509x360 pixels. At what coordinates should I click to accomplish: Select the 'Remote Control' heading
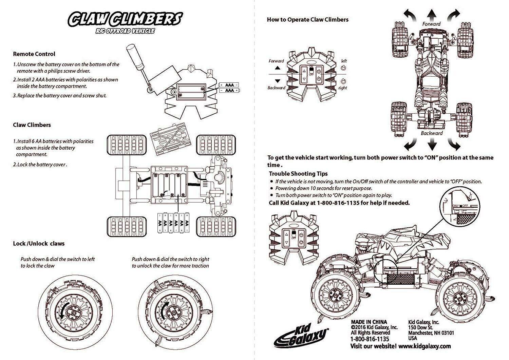click(34, 54)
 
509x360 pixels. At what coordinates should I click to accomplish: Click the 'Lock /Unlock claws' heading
click(39, 244)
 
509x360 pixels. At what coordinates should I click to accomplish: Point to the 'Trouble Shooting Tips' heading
click(298, 174)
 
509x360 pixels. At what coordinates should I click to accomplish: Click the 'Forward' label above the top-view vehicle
click(431, 24)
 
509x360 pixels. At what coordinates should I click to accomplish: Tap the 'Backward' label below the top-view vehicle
click(432, 133)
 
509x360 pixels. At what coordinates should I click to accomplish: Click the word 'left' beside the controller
click(344, 61)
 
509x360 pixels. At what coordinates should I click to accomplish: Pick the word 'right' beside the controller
click(343, 88)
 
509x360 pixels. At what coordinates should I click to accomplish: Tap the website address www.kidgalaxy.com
click(425, 346)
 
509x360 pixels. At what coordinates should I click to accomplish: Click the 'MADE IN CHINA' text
click(369, 322)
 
